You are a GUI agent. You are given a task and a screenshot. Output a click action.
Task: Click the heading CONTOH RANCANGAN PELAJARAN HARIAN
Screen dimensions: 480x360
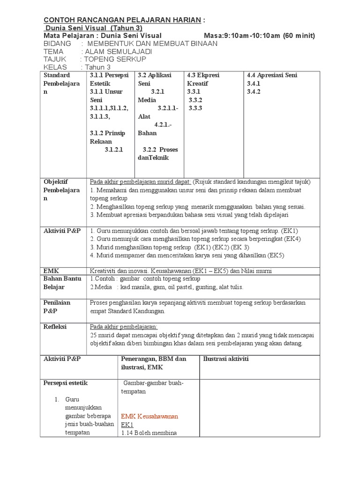(x=122, y=20)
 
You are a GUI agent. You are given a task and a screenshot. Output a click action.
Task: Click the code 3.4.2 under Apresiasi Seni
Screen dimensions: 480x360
(x=253, y=92)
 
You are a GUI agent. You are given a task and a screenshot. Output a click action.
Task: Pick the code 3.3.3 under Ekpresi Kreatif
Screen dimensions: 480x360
(x=195, y=108)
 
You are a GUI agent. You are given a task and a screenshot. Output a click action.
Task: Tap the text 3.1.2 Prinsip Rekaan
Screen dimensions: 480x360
(x=107, y=137)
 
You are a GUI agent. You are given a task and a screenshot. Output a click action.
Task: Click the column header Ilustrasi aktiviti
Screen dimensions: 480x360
(x=225, y=359)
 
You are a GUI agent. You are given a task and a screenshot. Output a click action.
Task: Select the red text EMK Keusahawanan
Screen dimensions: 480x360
(x=150, y=416)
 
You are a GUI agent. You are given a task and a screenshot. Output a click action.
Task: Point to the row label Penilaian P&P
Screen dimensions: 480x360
(x=57, y=307)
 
